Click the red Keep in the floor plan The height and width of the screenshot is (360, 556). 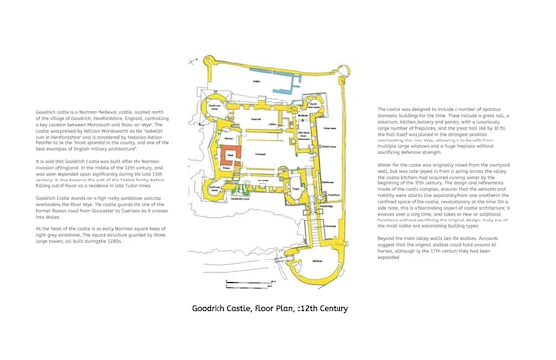point(231,157)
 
